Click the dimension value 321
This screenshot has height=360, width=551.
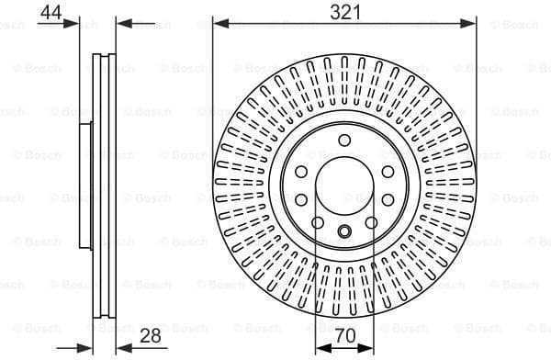tap(343, 12)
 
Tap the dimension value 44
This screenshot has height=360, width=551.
tap(51, 12)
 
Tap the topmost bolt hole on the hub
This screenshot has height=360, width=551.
tap(344, 140)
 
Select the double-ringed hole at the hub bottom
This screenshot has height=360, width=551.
tap(344, 231)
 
